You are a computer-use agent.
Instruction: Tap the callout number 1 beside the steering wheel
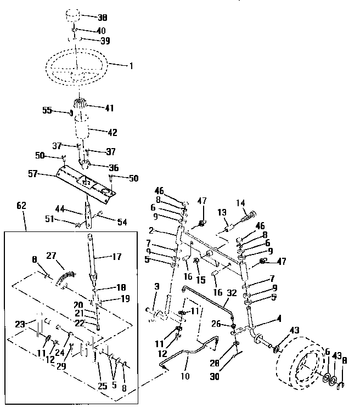click(131, 66)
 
